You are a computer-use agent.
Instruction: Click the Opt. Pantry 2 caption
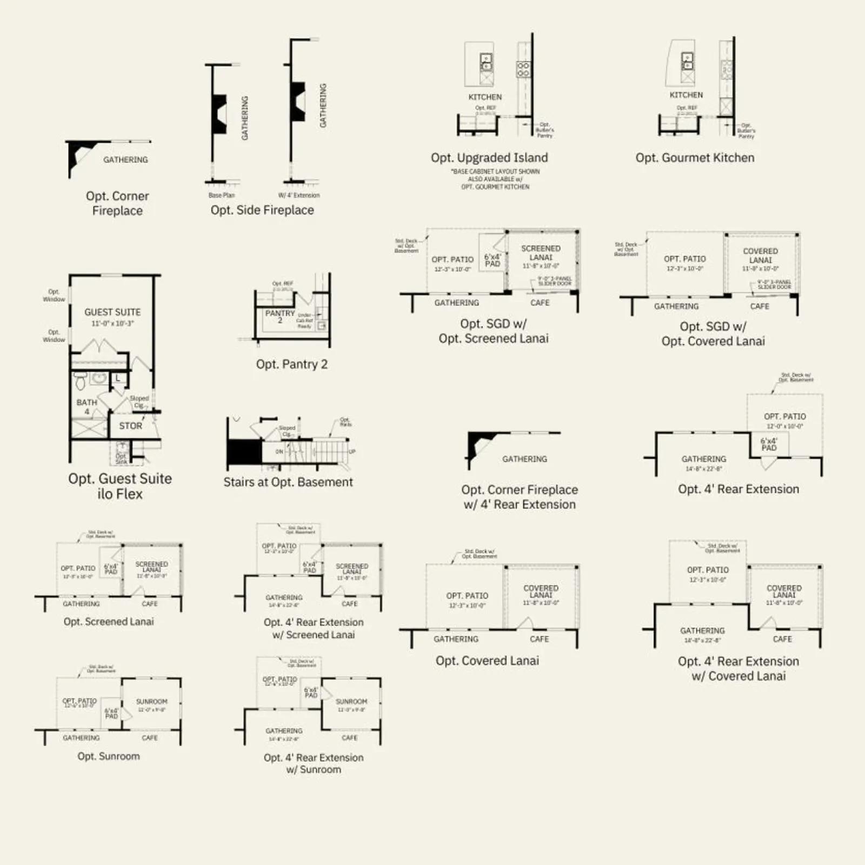[292, 364]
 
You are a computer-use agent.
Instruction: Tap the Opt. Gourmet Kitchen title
[695, 158]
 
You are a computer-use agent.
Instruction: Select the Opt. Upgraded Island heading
[489, 158]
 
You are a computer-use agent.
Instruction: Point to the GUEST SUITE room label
[112, 312]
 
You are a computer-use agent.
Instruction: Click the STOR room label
[131, 426]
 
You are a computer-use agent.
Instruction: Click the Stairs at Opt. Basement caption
[288, 482]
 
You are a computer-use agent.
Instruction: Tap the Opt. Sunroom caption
[109, 756]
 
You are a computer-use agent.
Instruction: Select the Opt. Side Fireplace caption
[262, 210]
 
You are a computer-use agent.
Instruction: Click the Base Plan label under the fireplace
[222, 195]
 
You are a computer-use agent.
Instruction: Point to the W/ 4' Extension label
[299, 195]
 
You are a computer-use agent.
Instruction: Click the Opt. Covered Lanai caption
[487, 661]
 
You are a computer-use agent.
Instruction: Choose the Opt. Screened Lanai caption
[109, 622]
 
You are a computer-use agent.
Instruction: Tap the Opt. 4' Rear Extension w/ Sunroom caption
[314, 763]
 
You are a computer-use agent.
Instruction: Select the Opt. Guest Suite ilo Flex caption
[120, 486]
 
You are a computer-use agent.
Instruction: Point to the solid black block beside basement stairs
[244, 451]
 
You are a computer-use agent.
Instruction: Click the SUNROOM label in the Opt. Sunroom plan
[152, 702]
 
